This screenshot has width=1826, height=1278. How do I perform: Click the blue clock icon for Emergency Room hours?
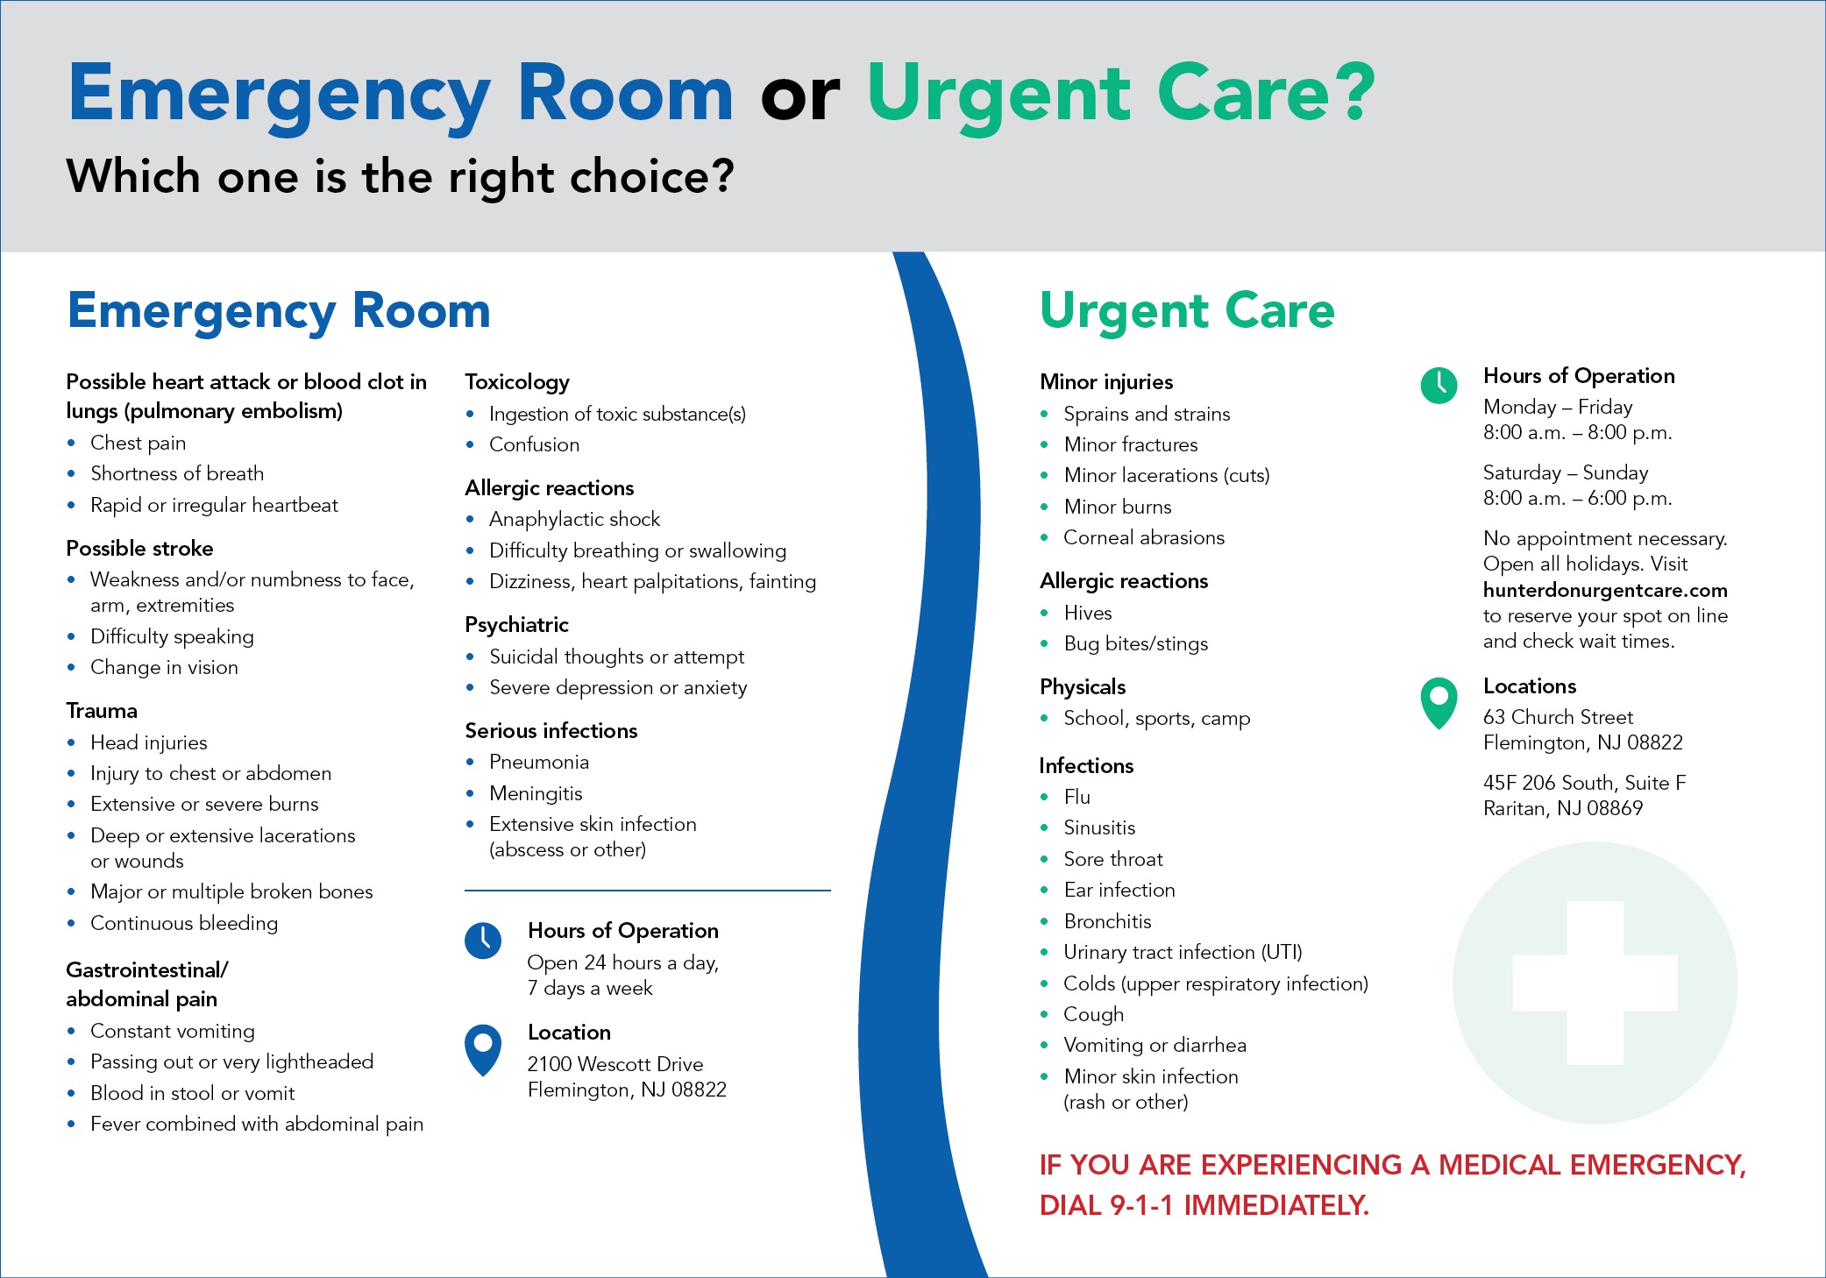click(483, 941)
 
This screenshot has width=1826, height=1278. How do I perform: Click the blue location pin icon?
click(483, 1047)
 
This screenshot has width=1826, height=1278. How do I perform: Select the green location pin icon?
click(1439, 701)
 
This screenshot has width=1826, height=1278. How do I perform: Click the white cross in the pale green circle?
click(1595, 983)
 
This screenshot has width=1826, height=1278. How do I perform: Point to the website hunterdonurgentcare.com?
click(1604, 590)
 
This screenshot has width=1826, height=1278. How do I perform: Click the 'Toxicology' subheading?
click(517, 382)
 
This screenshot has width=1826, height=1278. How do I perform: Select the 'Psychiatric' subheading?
click(516, 625)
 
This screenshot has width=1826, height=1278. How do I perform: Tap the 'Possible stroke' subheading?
click(139, 549)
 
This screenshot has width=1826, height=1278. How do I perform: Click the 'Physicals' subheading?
click(1083, 687)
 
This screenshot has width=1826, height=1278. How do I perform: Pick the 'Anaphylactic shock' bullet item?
click(574, 519)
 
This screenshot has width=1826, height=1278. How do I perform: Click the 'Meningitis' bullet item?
click(536, 793)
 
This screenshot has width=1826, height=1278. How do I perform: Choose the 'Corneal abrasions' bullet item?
click(1144, 537)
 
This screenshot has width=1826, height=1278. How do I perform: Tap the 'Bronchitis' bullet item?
click(1107, 921)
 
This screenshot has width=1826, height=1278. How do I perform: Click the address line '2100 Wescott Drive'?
click(615, 1064)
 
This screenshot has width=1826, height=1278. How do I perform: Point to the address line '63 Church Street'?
click(1558, 717)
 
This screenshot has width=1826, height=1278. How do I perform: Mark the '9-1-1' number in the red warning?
click(1141, 1206)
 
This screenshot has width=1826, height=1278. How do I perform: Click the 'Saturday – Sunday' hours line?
click(1565, 472)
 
